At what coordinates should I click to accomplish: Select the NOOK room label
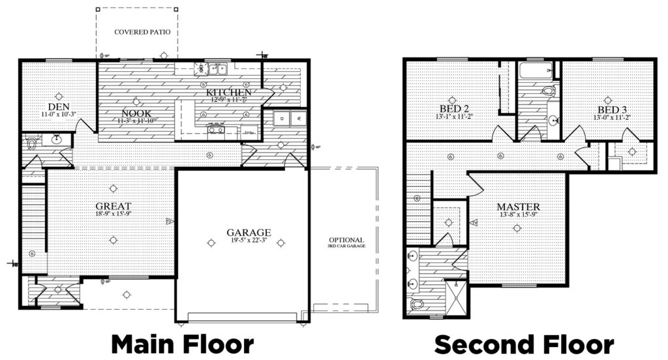click(x=136, y=113)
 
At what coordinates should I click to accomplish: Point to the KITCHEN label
click(x=229, y=93)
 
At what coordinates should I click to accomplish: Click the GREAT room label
click(x=114, y=206)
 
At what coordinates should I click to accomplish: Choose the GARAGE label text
click(x=249, y=232)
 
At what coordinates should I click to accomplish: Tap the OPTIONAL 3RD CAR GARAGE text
click(x=346, y=243)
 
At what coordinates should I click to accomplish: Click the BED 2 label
click(x=455, y=108)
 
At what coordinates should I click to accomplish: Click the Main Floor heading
click(x=181, y=344)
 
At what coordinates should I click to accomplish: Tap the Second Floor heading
click(x=524, y=344)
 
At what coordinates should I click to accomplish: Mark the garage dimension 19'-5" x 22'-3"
click(x=249, y=241)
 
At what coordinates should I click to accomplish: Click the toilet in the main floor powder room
click(x=31, y=142)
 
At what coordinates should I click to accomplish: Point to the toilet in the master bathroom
click(x=417, y=303)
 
